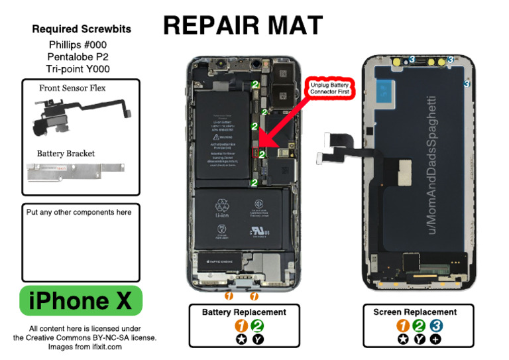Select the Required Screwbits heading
(x=82, y=29)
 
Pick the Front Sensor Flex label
(x=72, y=88)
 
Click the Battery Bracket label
(x=66, y=153)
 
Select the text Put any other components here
(x=79, y=212)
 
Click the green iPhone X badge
(x=82, y=300)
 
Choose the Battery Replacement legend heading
(x=244, y=312)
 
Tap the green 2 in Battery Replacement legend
(x=257, y=326)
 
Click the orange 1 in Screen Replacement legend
(x=403, y=326)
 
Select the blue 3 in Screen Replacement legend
(x=436, y=326)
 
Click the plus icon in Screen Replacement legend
(x=435, y=339)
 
